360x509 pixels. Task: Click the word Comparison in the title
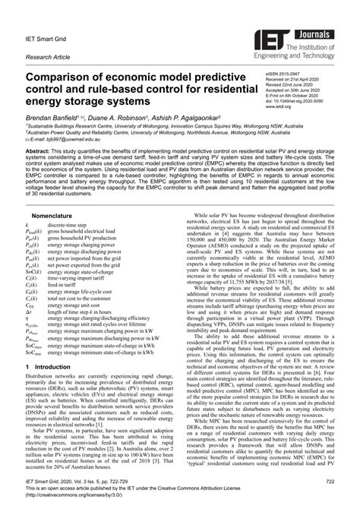67,78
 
